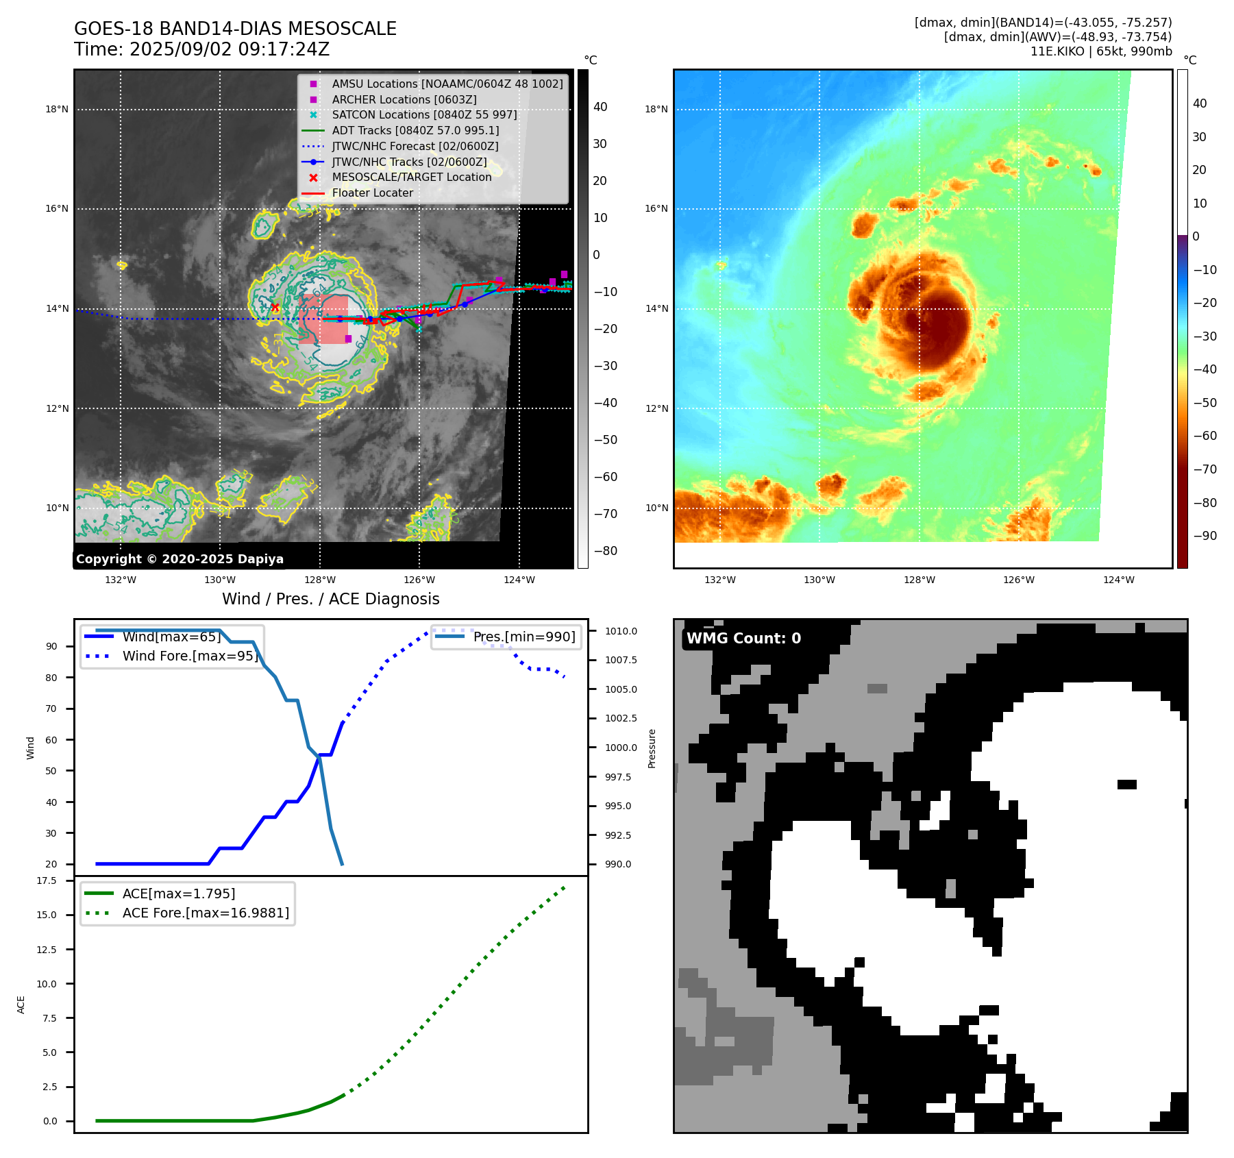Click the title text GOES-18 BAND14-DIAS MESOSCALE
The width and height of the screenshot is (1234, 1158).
coord(235,29)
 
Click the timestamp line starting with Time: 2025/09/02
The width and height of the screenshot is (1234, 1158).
coord(201,49)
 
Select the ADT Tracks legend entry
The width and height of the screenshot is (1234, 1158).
coord(415,130)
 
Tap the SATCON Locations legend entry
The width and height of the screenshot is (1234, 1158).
coord(424,114)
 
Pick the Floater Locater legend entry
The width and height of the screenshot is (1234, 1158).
coord(372,193)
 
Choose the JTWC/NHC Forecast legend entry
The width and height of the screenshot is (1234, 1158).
coord(415,146)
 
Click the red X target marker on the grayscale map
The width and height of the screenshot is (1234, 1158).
coord(275,308)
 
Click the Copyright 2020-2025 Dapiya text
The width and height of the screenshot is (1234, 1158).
coord(180,559)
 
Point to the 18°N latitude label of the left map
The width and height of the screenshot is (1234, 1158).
coord(57,109)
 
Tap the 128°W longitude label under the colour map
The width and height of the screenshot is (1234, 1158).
coord(919,580)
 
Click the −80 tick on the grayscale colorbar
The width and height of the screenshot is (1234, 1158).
coord(605,551)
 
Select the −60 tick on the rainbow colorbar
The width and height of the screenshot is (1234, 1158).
coord(1205,436)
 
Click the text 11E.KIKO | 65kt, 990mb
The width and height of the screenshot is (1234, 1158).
coord(1101,51)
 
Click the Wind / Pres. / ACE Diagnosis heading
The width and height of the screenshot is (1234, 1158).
coord(330,599)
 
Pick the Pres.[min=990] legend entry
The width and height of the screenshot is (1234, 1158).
coord(524,637)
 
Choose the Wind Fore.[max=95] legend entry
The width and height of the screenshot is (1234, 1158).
coord(190,656)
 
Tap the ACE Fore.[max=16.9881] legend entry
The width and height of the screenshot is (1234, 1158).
coord(206,913)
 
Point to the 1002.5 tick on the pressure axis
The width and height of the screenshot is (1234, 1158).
coord(621,718)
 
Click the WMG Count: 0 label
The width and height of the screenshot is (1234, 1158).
coord(743,639)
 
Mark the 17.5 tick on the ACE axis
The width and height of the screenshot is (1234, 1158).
coord(47,880)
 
